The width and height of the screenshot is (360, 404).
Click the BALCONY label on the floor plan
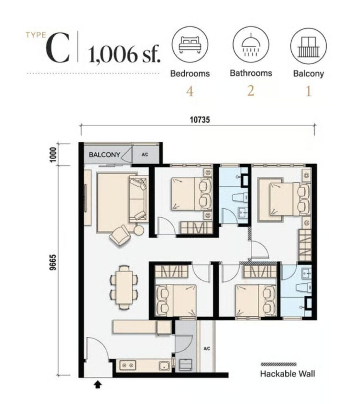click(105, 155)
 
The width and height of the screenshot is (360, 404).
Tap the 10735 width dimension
click(200, 120)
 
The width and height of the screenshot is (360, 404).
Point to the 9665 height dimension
click(53, 262)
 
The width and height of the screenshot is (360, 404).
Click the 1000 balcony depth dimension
click(53, 155)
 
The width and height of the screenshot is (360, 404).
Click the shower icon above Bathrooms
click(251, 45)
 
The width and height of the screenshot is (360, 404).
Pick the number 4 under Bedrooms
click(190, 92)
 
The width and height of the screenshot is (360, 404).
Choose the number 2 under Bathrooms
click(251, 91)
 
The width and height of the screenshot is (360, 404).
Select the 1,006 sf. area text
click(124, 54)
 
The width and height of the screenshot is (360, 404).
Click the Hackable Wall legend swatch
click(279, 364)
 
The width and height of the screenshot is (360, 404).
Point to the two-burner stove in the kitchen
click(127, 365)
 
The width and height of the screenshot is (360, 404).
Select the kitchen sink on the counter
click(164, 365)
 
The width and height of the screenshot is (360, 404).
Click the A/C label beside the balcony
click(144, 155)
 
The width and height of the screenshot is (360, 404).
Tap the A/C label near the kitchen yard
click(206, 349)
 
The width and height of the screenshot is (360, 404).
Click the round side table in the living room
click(139, 230)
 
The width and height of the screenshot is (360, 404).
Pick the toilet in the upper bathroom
click(240, 198)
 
